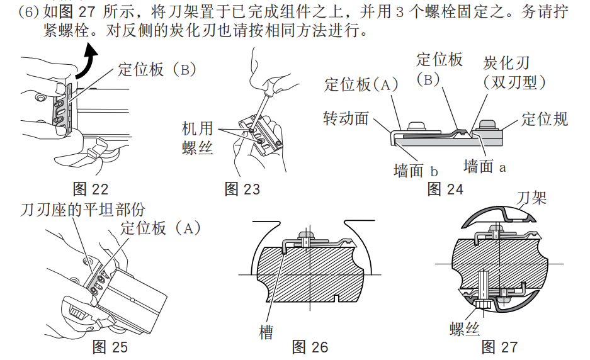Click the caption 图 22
point(91,189)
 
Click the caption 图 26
point(310,347)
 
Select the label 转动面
point(346,118)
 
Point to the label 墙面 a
point(485,166)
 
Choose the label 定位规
point(545,118)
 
